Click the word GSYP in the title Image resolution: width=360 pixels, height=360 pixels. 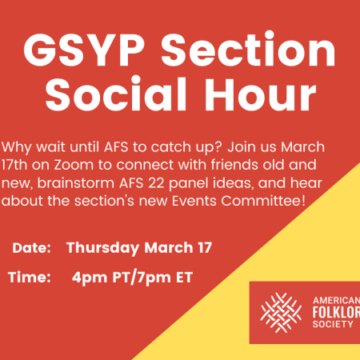(x=84, y=50)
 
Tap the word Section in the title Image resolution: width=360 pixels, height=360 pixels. (x=248, y=49)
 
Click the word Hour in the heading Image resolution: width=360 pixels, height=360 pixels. (x=260, y=94)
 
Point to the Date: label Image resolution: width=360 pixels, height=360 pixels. (x=31, y=248)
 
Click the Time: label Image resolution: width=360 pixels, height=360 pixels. (x=30, y=277)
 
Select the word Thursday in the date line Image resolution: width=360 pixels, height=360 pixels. (x=103, y=248)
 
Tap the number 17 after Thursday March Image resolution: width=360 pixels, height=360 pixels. (x=205, y=248)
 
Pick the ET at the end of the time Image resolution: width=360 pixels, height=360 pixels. (x=184, y=278)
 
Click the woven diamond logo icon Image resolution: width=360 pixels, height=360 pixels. (x=281, y=313)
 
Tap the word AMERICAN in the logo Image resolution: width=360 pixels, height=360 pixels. (x=337, y=301)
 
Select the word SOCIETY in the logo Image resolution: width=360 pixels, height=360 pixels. (x=333, y=324)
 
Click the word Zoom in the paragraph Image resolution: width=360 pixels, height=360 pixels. (x=74, y=165)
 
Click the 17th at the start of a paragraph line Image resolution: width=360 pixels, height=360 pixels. (x=14, y=165)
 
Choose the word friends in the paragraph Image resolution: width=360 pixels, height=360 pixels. (x=234, y=165)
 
